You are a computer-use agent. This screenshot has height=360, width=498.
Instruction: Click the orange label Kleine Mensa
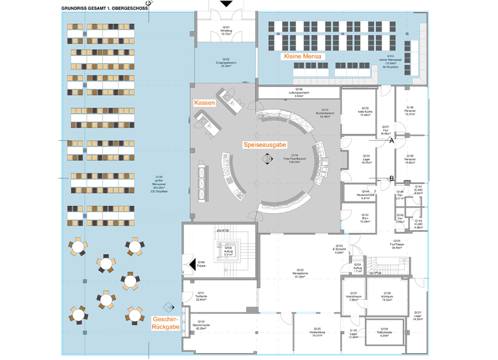[303, 56]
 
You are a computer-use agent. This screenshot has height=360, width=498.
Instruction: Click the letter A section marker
[392, 141]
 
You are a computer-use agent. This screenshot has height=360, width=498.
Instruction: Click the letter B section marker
[392, 178]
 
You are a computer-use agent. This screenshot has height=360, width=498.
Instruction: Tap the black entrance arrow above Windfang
[226, 4]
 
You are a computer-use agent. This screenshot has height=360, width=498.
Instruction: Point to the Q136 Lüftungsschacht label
[299, 93]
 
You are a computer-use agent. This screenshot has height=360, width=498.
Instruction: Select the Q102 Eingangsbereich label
[226, 61]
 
